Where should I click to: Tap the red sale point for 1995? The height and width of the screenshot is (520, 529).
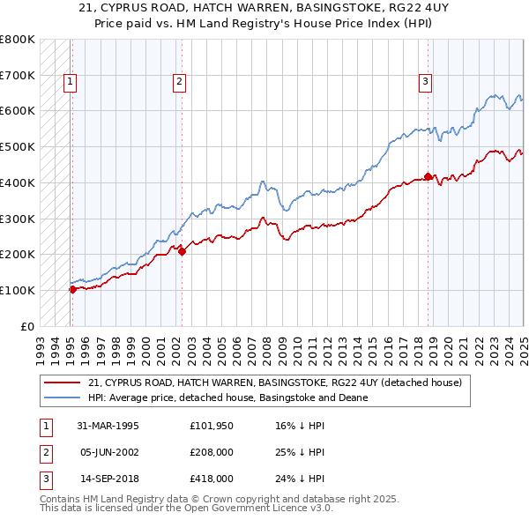[x=72, y=289]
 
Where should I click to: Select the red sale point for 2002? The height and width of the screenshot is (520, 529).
[x=182, y=251]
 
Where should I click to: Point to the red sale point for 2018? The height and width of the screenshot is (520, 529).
[x=428, y=176]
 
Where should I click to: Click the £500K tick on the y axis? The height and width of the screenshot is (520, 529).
[x=18, y=146]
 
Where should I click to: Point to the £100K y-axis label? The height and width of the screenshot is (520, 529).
[x=18, y=290]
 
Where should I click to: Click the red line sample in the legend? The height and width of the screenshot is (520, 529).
[x=63, y=383]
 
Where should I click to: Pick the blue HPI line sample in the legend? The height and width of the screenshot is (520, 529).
[x=63, y=397]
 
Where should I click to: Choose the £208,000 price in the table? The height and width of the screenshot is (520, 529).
[x=212, y=452]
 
